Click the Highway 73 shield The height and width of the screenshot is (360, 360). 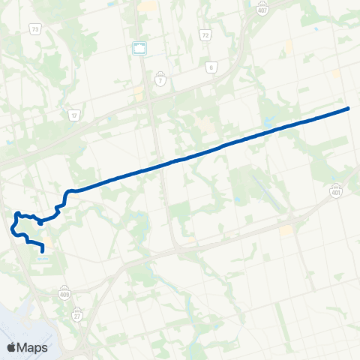[x=35, y=28]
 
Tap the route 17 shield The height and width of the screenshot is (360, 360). [x=73, y=115]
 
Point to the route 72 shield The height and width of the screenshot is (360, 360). [x=205, y=34]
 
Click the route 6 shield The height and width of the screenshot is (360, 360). [x=211, y=67]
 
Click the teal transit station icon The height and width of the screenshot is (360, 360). [x=139, y=49]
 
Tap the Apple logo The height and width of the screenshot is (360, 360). [x=11, y=347]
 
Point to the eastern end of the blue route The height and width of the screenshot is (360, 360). [x=349, y=109]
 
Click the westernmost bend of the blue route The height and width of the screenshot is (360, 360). [x=13, y=226]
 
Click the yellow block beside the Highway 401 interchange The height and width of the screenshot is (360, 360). [x=286, y=230]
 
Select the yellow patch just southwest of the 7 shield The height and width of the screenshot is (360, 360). [x=139, y=95]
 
